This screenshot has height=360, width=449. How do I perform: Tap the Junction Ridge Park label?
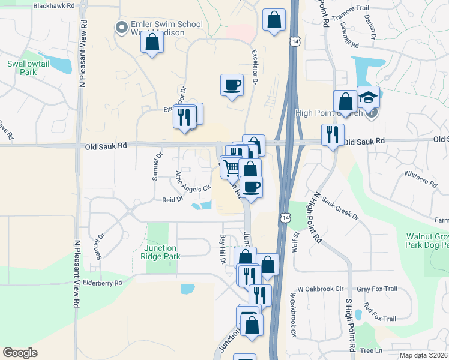[160, 252]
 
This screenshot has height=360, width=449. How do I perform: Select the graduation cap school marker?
[368, 97]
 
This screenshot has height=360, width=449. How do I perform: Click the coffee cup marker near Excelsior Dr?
[232, 85]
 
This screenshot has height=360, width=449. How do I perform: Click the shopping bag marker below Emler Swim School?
[152, 43]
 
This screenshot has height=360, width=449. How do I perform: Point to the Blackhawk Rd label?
[55, 5]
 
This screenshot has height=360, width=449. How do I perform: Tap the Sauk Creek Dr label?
[340, 207]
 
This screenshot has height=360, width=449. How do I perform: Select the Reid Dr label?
[172, 199]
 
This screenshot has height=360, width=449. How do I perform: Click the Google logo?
[20, 353]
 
